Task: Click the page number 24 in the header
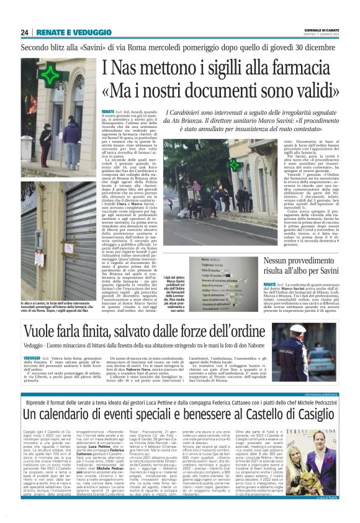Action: click(x=24, y=32)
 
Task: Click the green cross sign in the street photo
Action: click(x=234, y=165)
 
